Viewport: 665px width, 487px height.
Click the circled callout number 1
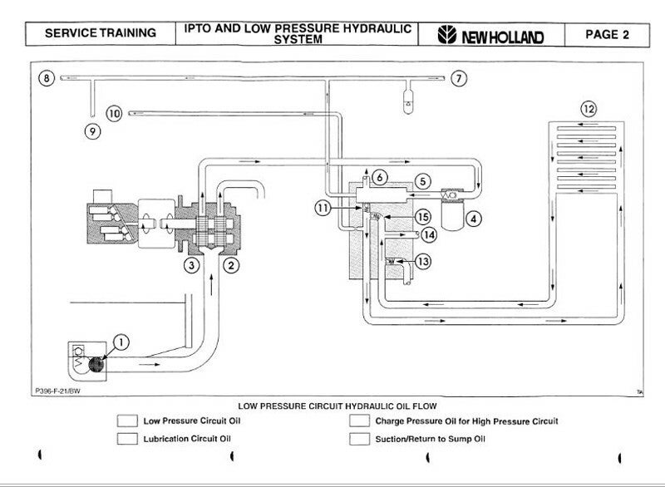point(121,340)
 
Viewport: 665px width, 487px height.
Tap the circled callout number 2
point(234,266)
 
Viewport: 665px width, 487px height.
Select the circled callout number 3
point(192,266)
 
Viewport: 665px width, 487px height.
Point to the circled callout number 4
point(474,220)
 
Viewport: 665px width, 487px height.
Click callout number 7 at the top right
point(460,78)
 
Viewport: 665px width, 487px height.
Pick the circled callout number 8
point(47,78)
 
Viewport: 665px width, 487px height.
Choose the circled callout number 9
point(92,130)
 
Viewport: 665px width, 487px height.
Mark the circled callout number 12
point(588,108)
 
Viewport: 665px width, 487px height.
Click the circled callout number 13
point(424,261)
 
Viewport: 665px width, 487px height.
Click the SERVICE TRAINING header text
point(100,33)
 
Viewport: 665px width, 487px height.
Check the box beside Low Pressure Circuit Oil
point(127,421)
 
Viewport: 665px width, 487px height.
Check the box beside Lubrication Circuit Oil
point(127,439)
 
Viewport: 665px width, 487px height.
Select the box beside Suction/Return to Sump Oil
point(359,439)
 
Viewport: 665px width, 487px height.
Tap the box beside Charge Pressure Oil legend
point(359,421)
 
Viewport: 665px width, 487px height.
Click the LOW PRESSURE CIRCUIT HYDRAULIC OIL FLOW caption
point(332,407)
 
